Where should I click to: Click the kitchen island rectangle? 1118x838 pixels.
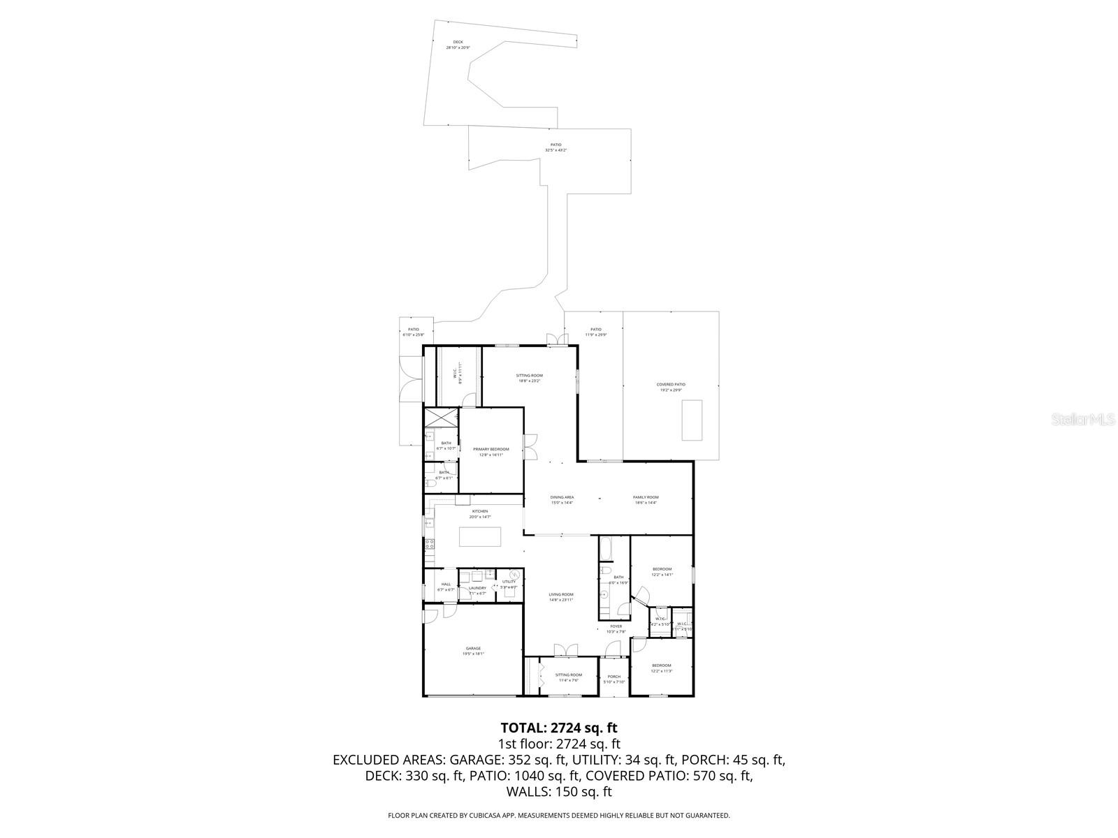[x=480, y=536]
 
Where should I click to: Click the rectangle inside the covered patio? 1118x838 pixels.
[x=692, y=420]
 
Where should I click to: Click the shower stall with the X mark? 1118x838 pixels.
[x=440, y=417]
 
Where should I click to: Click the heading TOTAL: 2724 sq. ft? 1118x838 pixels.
[x=558, y=728]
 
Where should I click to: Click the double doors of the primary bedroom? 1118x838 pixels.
[x=531, y=446]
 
